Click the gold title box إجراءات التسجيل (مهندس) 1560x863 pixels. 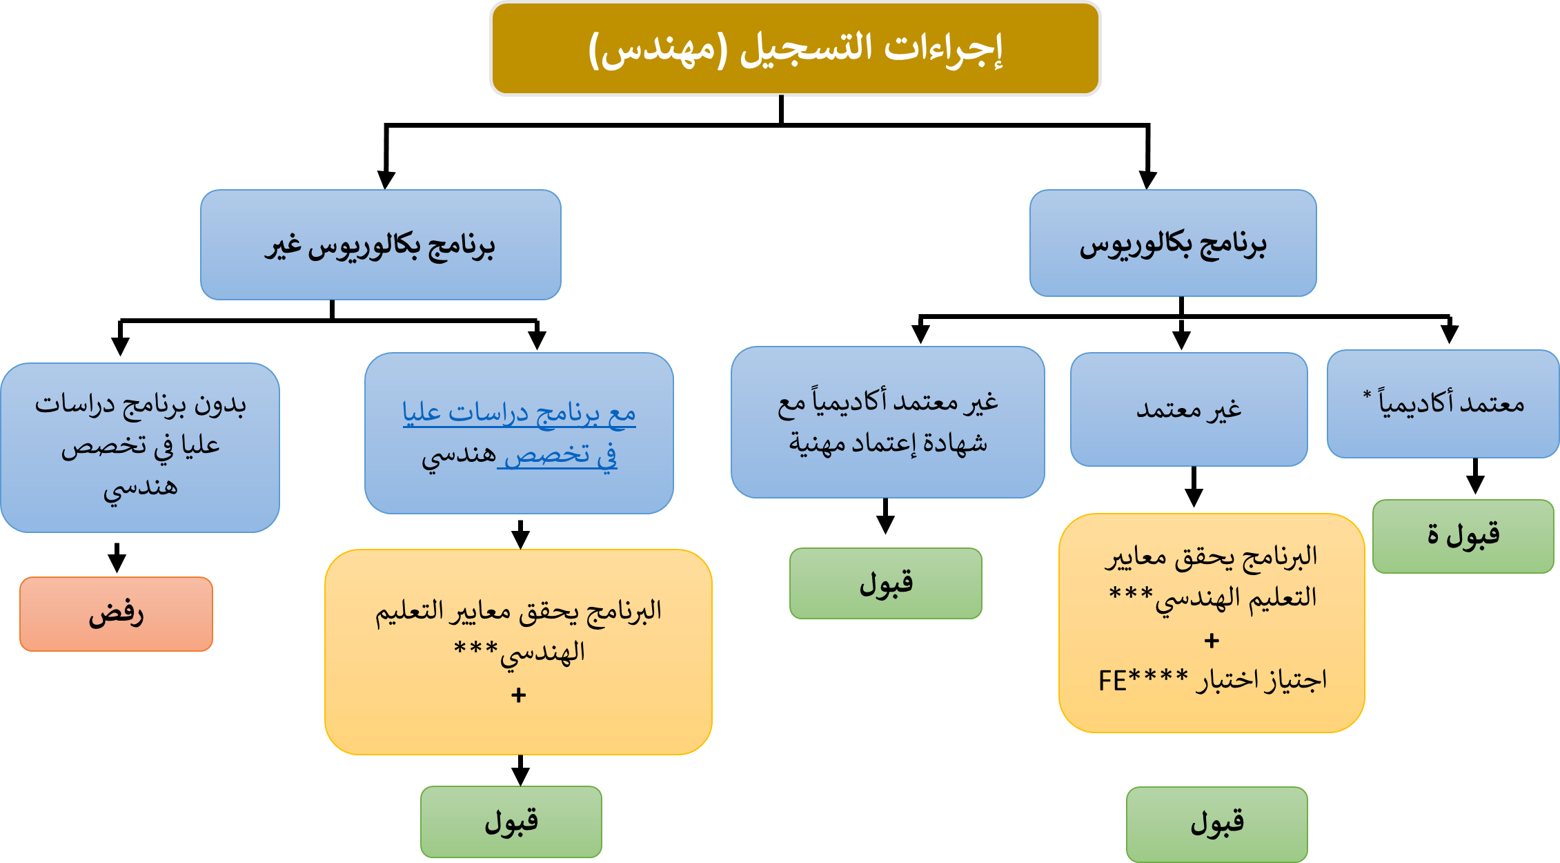click(795, 48)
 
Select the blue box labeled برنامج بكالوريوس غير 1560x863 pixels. click(381, 245)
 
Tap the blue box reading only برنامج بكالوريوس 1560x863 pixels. click(1173, 243)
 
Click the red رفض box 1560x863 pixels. click(116, 614)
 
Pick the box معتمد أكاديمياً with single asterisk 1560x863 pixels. click(1443, 404)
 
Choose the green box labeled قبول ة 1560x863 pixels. click(1463, 536)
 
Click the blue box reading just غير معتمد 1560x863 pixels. click(1189, 409)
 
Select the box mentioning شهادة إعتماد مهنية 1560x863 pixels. click(888, 422)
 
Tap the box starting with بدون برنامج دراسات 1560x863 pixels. click(140, 447)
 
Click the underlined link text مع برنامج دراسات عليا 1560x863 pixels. click(519, 413)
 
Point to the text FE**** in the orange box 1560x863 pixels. click(1143, 681)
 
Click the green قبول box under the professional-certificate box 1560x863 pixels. click(886, 583)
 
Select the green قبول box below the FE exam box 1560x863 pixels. click(1217, 824)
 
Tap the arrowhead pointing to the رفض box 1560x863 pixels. click(117, 564)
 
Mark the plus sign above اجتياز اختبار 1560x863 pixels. click(1212, 641)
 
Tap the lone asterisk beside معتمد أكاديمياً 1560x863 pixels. click(1367, 395)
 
